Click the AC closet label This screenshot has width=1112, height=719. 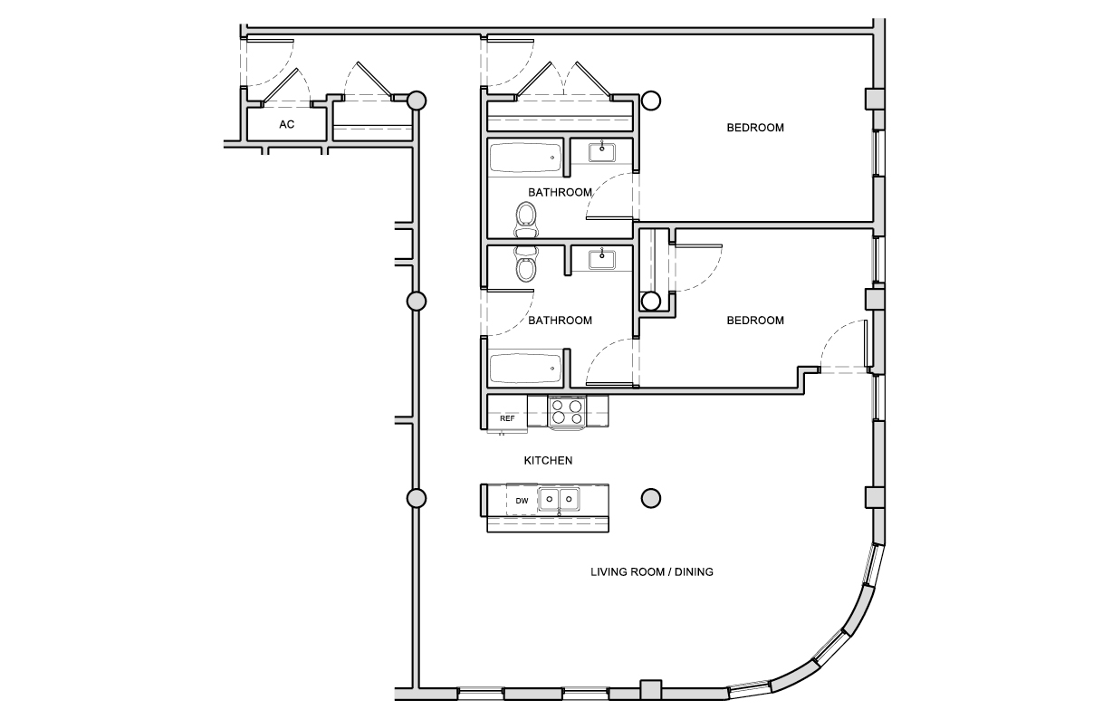pos(286,125)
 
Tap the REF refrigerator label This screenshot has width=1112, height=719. pos(507,418)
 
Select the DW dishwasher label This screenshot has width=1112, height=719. pos(522,501)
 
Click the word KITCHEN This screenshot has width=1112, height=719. pos(548,461)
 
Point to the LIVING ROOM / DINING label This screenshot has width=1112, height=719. pos(652,572)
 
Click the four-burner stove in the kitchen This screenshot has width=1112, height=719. pos(567,413)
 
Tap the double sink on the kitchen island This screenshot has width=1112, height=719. pos(559,499)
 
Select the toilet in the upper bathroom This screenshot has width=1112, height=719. pos(525,218)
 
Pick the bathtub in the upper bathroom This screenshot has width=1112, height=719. pos(525,158)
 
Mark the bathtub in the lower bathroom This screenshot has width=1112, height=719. pos(525,369)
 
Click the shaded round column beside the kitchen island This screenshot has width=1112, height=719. pos(650,497)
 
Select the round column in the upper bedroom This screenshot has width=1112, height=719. pos(651,101)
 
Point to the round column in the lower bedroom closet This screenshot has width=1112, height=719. pos(650,301)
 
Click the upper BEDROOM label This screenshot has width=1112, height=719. pos(755,128)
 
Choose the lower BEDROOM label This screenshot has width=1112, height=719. pos(755,321)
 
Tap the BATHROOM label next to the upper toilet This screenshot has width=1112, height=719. pos(561,192)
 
